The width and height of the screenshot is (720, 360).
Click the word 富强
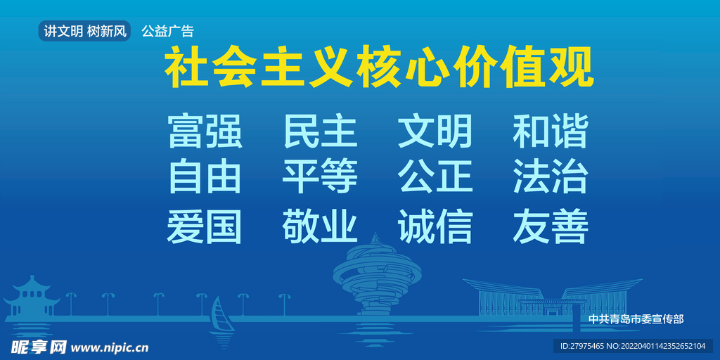point(205,131)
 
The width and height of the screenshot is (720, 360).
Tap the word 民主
point(320,131)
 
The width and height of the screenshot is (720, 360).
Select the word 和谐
point(551,131)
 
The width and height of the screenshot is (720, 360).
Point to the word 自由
point(205,176)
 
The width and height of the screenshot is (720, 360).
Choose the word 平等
point(320,176)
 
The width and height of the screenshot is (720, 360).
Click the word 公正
point(435,176)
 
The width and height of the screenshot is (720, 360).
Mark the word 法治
point(551,176)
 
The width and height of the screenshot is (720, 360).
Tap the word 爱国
point(205,226)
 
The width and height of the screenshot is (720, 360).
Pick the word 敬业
point(320,226)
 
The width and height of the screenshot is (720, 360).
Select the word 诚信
point(435,226)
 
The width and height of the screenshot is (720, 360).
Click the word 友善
point(551,226)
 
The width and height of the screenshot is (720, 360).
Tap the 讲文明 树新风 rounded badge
point(84,31)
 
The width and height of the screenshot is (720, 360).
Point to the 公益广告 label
point(167,31)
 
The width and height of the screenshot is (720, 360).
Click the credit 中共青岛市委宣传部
point(636,319)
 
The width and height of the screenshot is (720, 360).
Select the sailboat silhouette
point(221,320)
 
